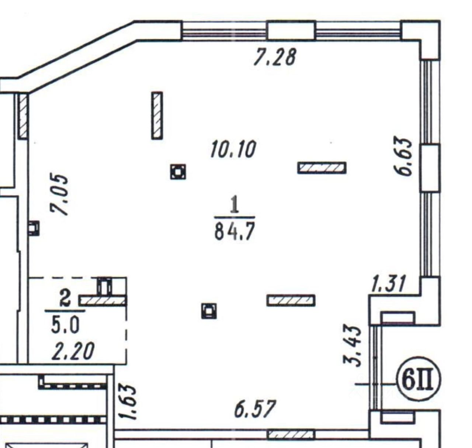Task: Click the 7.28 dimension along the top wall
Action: (275, 57)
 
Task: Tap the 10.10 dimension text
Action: (233, 149)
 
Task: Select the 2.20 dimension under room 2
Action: (73, 351)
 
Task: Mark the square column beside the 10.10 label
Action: (178, 172)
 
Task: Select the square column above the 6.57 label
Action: (209, 311)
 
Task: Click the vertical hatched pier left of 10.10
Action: (157, 116)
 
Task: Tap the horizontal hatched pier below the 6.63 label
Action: (322, 168)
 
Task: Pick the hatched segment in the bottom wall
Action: (291, 434)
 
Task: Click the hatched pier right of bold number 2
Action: (103, 301)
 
